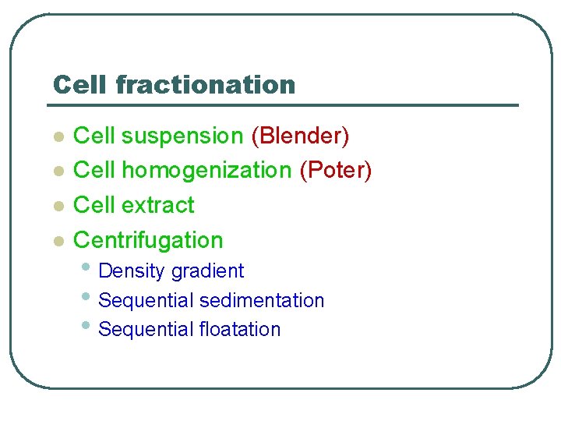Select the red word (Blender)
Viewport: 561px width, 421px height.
[300, 136]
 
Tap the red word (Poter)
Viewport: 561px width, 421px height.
[336, 170]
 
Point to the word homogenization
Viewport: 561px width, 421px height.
[206, 170]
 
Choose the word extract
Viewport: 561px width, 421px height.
[158, 205]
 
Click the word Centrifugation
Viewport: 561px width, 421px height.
[148, 240]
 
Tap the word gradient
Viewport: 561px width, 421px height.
[207, 271]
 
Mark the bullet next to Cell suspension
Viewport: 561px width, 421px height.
[56, 137]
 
